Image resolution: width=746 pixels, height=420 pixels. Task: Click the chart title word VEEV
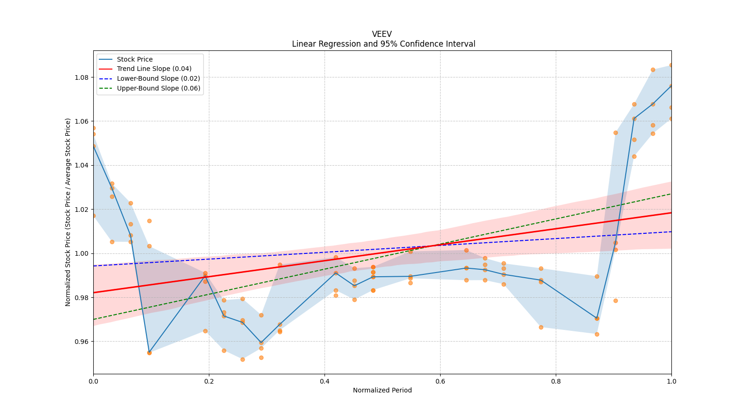click(x=382, y=34)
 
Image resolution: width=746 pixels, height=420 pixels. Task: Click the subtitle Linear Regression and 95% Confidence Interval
click(x=383, y=44)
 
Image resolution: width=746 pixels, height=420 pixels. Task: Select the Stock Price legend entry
click(x=135, y=59)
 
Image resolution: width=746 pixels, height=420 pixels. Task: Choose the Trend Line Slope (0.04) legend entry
click(x=154, y=69)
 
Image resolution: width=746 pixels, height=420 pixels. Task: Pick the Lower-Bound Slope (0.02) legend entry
click(x=158, y=79)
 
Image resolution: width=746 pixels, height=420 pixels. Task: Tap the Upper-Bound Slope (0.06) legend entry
click(x=159, y=89)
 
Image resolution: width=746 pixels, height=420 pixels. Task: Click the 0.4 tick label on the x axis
click(x=325, y=381)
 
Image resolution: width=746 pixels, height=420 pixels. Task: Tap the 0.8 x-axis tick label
click(x=556, y=381)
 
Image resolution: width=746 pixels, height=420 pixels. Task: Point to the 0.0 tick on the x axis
click(x=93, y=381)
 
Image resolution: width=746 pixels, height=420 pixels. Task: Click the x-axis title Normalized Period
click(x=382, y=390)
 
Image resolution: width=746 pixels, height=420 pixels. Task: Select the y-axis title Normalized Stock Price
click(x=68, y=212)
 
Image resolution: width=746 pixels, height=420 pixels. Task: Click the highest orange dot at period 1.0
click(x=671, y=65)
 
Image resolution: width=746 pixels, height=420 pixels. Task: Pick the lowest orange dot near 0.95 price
click(x=242, y=359)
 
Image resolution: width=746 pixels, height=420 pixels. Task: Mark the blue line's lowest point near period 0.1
click(x=149, y=352)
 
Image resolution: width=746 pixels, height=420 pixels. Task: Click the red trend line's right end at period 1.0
click(x=671, y=213)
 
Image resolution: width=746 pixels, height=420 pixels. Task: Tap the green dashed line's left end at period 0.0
click(x=94, y=319)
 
